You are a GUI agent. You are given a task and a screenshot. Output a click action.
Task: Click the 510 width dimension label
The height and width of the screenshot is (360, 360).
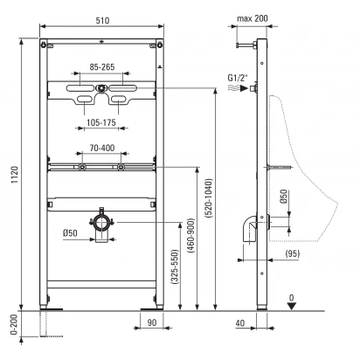pyautogui.click(x=102, y=20)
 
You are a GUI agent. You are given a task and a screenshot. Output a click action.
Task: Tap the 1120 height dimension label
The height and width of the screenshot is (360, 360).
pyautogui.click(x=15, y=175)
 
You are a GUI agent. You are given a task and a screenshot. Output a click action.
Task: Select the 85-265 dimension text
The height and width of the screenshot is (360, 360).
pyautogui.click(x=102, y=67)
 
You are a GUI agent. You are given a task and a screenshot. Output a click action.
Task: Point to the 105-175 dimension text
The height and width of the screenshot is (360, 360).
pyautogui.click(x=101, y=122)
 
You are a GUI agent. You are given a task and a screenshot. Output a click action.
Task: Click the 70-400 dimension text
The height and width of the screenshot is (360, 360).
pyautogui.click(x=102, y=148)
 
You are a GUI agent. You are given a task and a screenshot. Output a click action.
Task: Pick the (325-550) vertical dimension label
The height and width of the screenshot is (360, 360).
pyautogui.click(x=175, y=267)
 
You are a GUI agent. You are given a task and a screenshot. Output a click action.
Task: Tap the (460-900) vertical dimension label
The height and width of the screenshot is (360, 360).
pyautogui.click(x=191, y=235)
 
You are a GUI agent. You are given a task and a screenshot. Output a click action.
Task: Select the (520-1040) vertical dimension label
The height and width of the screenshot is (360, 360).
pyautogui.click(x=209, y=198)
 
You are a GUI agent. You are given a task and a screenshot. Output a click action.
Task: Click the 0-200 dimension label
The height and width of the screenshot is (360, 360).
pyautogui.click(x=15, y=325)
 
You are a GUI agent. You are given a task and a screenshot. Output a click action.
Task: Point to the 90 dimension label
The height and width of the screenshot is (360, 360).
pyautogui.click(x=152, y=322)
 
